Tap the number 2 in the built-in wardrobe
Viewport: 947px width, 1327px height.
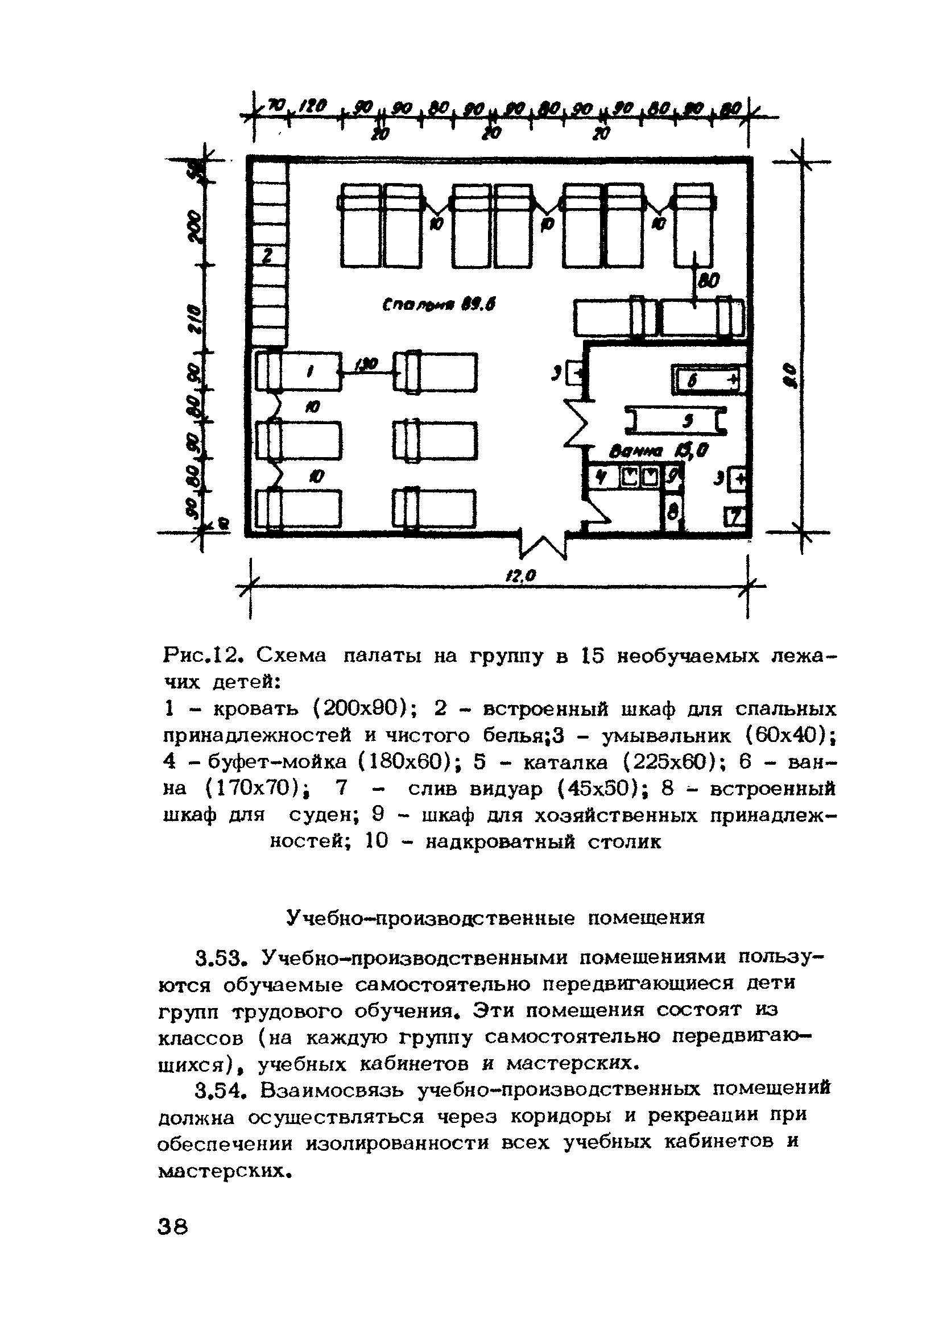pyautogui.click(x=267, y=255)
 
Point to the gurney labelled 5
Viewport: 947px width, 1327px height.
pyautogui.click(x=676, y=420)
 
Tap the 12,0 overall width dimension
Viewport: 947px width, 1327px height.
pyautogui.click(x=520, y=576)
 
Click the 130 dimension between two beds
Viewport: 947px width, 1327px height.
pyautogui.click(x=367, y=364)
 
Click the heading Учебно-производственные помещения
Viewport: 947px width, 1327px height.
pyautogui.click(x=495, y=918)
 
